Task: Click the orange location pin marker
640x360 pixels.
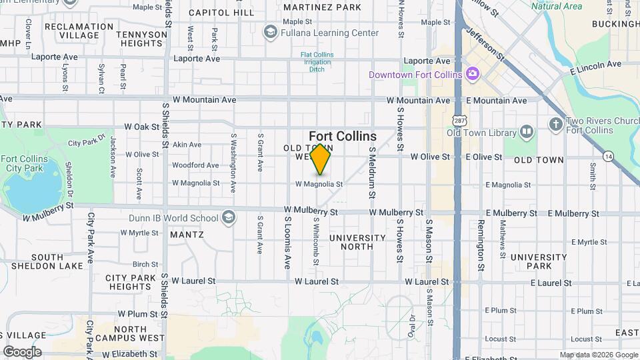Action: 321,159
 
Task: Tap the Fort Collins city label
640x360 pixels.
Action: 343,136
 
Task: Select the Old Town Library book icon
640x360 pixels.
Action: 527,131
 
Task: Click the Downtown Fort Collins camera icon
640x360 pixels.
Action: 472,74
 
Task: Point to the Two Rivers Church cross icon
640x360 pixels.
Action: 555,125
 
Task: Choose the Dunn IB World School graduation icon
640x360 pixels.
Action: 229,218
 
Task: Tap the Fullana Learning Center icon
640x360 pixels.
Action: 270,32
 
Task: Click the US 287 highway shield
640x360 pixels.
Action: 458,120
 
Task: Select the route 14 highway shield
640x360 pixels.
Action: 608,156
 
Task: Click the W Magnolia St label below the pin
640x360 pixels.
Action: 319,184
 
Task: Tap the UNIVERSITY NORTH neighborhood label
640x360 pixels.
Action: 357,242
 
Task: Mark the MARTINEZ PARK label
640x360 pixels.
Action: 322,7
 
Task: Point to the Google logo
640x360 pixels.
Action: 23,352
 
